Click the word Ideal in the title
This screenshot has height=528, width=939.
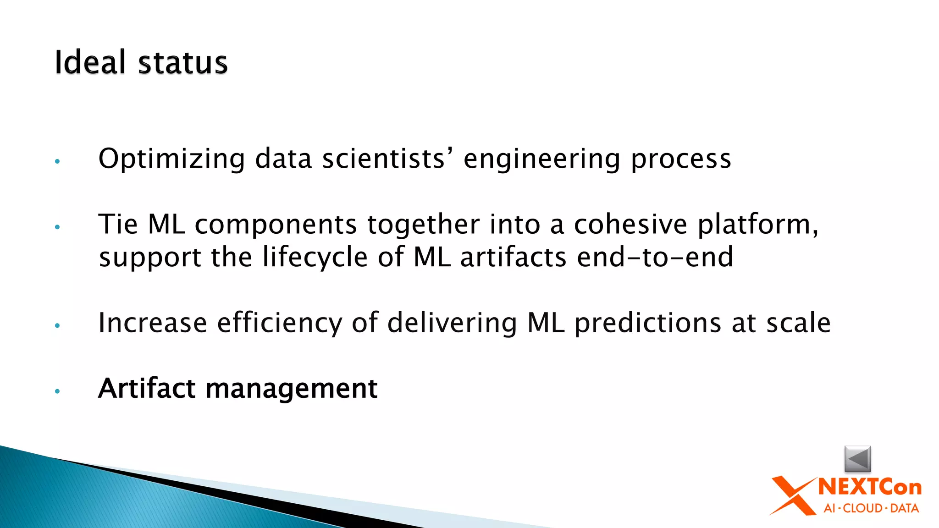click(x=90, y=62)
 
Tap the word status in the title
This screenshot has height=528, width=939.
click(x=182, y=63)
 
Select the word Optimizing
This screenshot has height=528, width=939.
click(x=172, y=159)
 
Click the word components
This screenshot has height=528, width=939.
click(x=276, y=225)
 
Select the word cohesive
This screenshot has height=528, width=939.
click(x=630, y=225)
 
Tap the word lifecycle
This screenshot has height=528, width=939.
click(x=315, y=257)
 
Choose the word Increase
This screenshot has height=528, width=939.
click(x=153, y=323)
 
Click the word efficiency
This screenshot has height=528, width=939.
click(x=280, y=324)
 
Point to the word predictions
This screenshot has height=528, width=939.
click(x=648, y=323)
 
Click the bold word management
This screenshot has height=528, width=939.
click(x=291, y=389)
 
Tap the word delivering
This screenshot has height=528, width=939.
click(x=452, y=323)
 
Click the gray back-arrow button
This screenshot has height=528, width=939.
click(x=857, y=458)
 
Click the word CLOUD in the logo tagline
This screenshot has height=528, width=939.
click(x=863, y=508)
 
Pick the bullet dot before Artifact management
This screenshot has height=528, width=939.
click(x=57, y=391)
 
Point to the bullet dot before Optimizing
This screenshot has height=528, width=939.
click(x=57, y=161)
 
